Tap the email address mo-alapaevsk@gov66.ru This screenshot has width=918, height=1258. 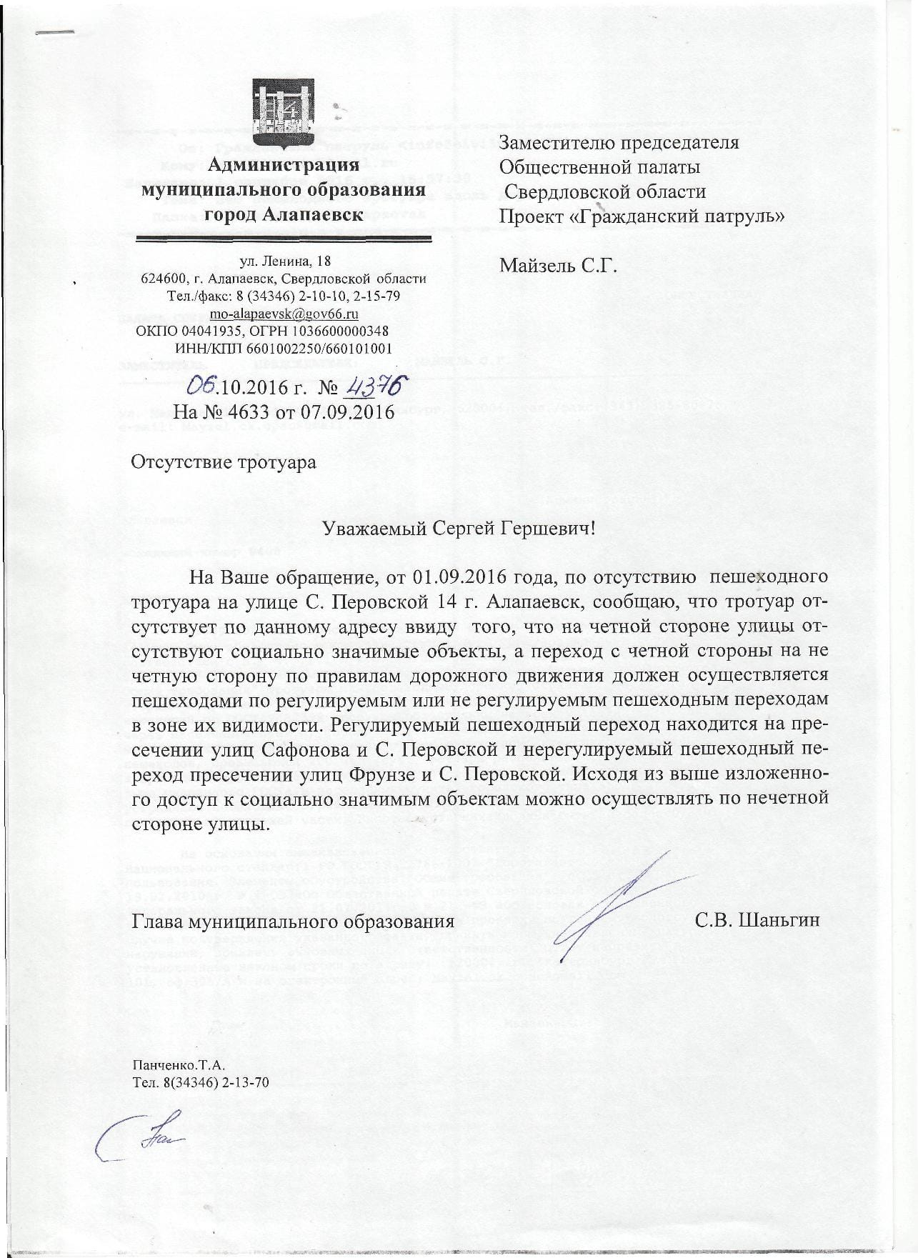coord(283,314)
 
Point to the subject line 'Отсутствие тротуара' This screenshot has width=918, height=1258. coord(223,461)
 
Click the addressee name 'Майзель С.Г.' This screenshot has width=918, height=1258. coord(558,266)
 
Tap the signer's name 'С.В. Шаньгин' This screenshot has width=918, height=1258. coord(757,920)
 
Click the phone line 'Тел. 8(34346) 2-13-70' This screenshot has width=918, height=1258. coord(201,1082)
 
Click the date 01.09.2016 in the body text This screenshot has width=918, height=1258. coord(456,576)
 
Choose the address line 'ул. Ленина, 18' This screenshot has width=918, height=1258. coord(284,261)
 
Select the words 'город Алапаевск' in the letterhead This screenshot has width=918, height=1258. coord(284,213)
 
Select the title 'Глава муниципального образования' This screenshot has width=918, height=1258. coord(293,921)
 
